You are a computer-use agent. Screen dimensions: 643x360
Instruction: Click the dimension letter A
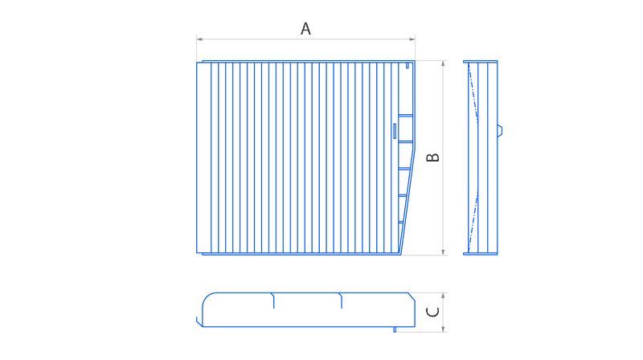pos(305,29)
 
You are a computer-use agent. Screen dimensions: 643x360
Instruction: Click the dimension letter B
pos(432,157)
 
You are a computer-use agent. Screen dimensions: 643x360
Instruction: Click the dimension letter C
pos(432,312)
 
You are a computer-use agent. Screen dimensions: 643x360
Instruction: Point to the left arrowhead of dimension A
pos(199,39)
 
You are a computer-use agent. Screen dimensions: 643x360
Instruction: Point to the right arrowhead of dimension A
pos(412,39)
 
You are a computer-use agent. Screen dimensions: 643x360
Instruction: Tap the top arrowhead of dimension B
pos(443,63)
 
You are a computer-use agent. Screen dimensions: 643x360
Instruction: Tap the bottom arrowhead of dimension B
pos(443,252)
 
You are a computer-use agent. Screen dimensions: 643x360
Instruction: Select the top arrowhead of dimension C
pos(443,296)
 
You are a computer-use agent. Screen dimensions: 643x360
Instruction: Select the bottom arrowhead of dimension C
pos(443,329)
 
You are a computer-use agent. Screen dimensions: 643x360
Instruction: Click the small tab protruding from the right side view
pos(500,131)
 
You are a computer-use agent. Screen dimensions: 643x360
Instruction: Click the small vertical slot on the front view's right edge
pos(395,131)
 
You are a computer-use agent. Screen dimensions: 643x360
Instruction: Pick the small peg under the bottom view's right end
pos(395,329)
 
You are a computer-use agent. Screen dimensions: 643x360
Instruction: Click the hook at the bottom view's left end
pos(199,322)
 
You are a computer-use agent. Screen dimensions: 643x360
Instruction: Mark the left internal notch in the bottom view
pos(273,301)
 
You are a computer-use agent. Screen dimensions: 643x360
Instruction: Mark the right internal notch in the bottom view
pos(341,301)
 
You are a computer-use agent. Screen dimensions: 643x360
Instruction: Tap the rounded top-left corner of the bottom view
pos(207,297)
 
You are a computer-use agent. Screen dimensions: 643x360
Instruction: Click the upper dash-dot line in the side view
pos(473,92)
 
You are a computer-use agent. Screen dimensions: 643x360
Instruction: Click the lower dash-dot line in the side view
pos(473,221)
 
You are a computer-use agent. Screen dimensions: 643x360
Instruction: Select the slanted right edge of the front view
pos(408,202)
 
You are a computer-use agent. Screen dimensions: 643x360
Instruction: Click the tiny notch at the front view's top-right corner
pos(408,66)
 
